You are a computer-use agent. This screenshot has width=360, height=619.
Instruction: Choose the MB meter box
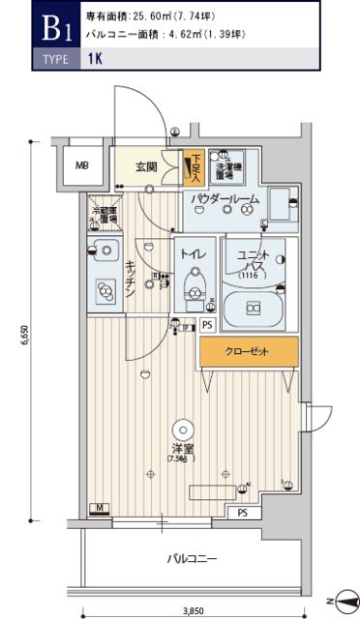coord(83,164)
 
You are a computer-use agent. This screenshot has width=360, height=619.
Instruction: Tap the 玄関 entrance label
coord(146,165)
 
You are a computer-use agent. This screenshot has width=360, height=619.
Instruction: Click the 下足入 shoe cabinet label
coord(195,168)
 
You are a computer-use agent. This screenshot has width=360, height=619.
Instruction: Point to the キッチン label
coord(130,280)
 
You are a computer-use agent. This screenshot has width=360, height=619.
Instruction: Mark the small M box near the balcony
coord(100,508)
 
